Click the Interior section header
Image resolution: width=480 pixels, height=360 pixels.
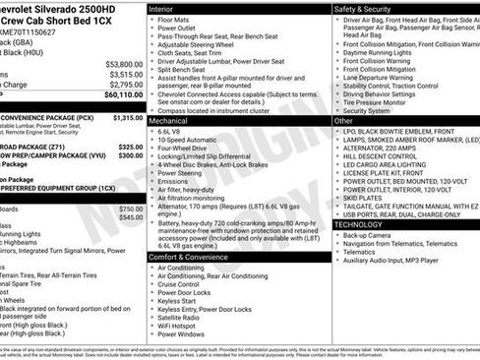pos(167,9)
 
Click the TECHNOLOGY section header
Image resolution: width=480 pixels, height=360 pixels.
pos(358,224)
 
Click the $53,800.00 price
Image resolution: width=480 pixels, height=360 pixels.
pos(124,64)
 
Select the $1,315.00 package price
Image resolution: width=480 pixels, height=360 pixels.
pos(128,117)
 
